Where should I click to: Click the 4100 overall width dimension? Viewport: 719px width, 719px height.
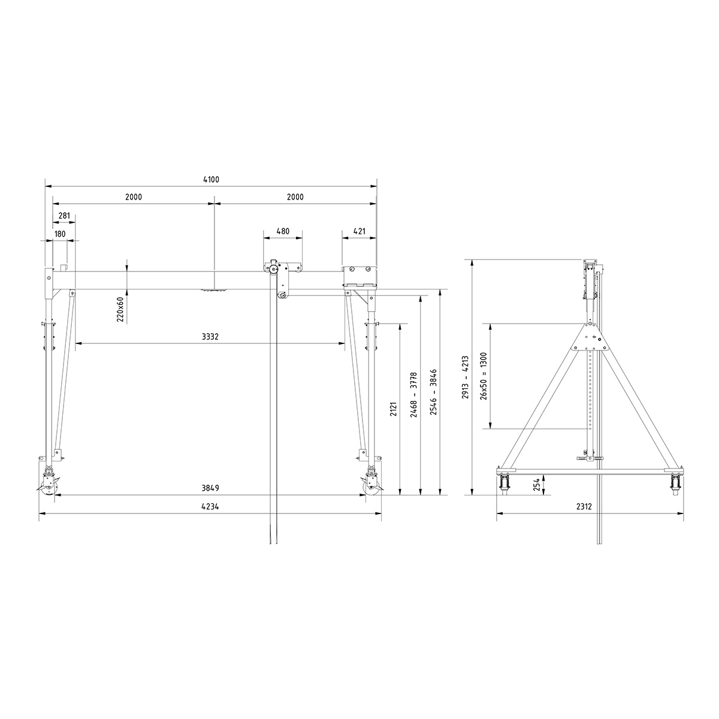pos(210,180)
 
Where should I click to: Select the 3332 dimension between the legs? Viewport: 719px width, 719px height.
pos(210,337)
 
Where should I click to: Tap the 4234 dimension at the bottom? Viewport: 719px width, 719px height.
pos(210,507)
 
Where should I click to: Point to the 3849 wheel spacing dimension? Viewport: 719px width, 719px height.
pos(210,488)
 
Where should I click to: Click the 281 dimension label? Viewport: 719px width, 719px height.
pos(64,216)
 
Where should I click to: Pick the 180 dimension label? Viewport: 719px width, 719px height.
pos(60,234)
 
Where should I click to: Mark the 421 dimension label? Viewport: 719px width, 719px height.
pos(359,231)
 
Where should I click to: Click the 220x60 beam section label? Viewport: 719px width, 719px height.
pos(120,310)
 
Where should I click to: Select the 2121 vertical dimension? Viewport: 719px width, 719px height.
pos(394,410)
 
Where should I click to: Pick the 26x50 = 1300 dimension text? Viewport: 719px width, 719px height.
pos(484,376)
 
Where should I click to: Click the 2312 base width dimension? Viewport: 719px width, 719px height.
pos(584,507)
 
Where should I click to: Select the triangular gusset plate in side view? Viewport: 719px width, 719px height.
pos(590,339)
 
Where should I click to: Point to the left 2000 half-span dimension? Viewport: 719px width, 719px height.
pos(134,197)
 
